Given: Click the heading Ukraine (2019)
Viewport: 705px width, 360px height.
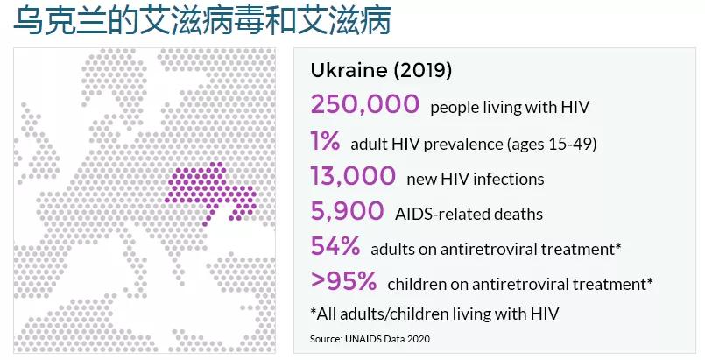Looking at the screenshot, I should tap(381, 70).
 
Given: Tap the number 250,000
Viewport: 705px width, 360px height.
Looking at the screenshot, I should tap(364, 105).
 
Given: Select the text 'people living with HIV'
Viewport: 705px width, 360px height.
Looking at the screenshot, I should tap(510, 108).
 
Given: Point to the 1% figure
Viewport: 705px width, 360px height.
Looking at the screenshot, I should tap(325, 141).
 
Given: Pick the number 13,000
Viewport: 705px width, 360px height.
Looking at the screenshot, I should tap(353, 176).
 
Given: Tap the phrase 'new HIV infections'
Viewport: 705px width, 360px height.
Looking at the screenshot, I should tap(476, 179).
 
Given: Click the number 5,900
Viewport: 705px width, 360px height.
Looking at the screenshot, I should tap(347, 211).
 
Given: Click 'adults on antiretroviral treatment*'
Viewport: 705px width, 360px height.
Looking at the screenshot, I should tap(496, 249).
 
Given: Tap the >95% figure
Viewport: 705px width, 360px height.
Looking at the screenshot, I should tap(343, 281).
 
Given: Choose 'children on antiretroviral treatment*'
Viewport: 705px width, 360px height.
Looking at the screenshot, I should tap(520, 284).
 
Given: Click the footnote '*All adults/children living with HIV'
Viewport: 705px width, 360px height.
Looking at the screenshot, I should tap(434, 313).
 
